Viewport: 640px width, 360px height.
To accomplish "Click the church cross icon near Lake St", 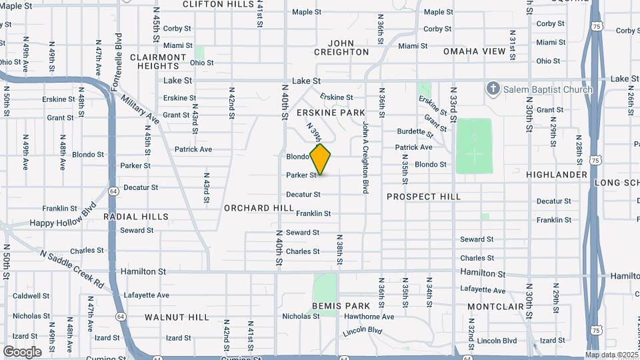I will pyautogui.click(x=493, y=89).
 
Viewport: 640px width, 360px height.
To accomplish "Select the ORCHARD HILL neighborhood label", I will pyautogui.click(x=259, y=208).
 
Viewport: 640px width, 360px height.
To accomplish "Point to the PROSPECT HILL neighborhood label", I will pyautogui.click(x=423, y=197).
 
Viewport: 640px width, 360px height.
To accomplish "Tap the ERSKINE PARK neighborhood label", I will pyautogui.click(x=331, y=113).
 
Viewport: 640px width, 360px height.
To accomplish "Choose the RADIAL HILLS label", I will pyautogui.click(x=136, y=217).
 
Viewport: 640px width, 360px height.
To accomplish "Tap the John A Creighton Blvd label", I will pyautogui.click(x=365, y=153).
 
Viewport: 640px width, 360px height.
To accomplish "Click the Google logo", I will pyautogui.click(x=22, y=351).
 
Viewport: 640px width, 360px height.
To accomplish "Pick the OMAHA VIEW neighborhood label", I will pyautogui.click(x=475, y=51).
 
